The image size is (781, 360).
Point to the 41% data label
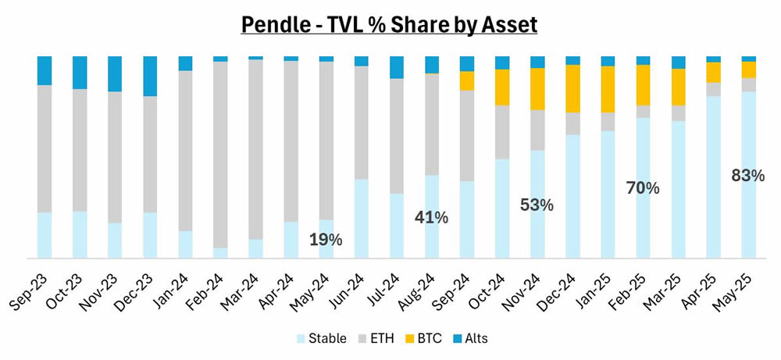point(432,218)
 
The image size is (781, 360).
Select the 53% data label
point(537,205)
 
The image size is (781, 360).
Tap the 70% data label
point(643,188)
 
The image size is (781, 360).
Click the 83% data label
point(748,176)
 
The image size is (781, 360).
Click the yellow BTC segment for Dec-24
point(572,88)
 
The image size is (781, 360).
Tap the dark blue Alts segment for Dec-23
point(151,76)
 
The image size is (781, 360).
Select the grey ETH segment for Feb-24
point(221,155)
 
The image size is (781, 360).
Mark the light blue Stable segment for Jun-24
point(362,219)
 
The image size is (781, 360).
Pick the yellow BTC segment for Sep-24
point(467,80)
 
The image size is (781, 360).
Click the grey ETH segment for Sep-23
point(45,148)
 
